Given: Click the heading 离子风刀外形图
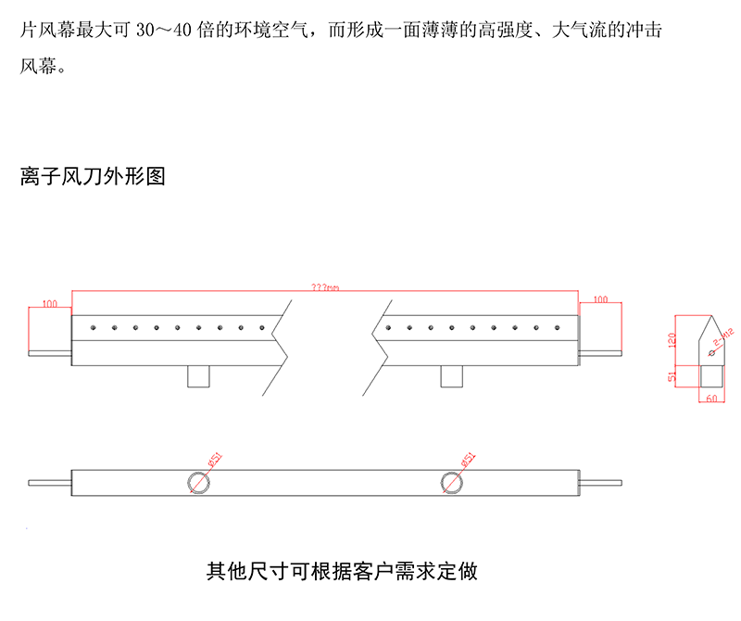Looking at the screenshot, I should click(x=93, y=176).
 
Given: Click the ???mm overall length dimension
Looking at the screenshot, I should click(x=325, y=288).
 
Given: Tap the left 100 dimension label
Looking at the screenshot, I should click(x=50, y=303).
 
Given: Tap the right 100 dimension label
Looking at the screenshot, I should click(x=599, y=299).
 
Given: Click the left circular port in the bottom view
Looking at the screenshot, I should click(x=200, y=481).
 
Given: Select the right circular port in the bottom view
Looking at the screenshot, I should click(x=452, y=481).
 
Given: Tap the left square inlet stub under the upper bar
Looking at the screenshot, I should click(x=199, y=375).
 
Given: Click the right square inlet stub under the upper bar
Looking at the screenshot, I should click(x=452, y=375).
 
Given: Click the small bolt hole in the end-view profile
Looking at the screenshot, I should click(x=710, y=352).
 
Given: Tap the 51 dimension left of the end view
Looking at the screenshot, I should click(x=673, y=376).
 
